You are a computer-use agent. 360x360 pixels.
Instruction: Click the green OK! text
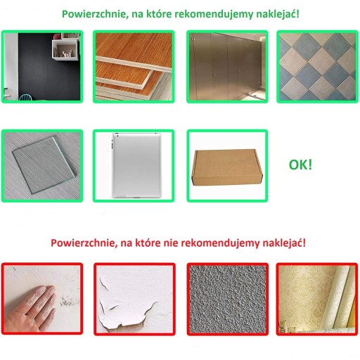click(x=300, y=165)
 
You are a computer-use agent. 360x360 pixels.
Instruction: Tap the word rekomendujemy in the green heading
click(x=214, y=14)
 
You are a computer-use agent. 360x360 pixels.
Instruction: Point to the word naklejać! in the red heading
click(x=284, y=243)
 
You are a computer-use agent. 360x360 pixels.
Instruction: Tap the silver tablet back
click(x=136, y=165)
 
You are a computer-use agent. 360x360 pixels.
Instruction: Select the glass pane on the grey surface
click(x=44, y=165)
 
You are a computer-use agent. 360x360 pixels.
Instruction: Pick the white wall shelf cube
click(x=65, y=50)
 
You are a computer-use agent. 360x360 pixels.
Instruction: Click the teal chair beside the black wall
click(x=26, y=97)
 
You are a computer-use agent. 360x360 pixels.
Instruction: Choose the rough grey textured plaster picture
click(x=228, y=299)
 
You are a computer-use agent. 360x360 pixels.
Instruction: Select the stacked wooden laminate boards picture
click(x=134, y=67)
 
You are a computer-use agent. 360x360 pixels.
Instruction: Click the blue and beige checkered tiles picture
click(x=317, y=67)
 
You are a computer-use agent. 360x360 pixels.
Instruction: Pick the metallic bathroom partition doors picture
click(x=227, y=67)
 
